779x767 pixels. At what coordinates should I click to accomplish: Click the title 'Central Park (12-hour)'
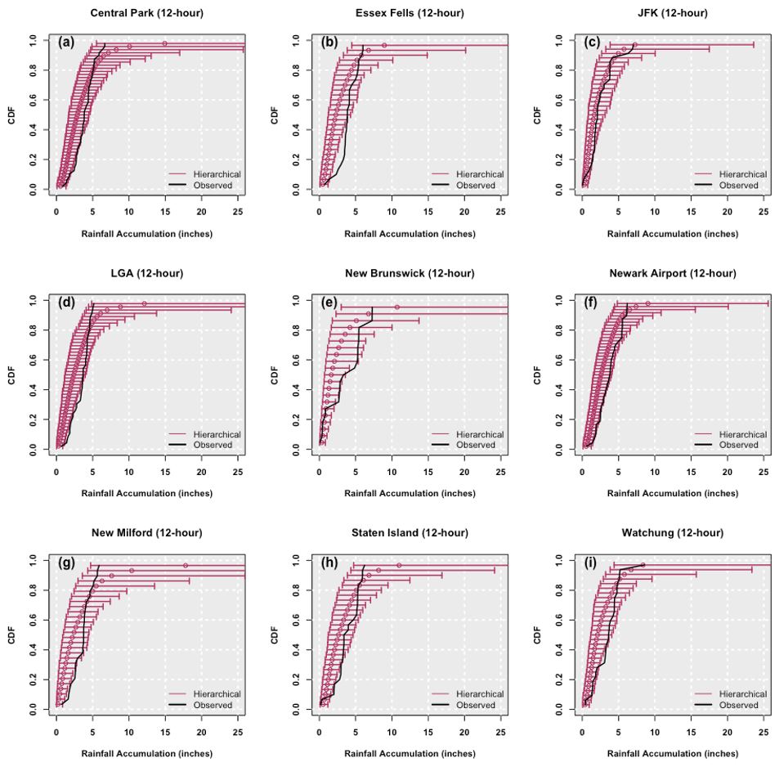pos(148,13)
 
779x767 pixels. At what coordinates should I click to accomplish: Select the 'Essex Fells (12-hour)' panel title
pos(411,13)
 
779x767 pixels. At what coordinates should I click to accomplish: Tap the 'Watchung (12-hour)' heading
pos(674,533)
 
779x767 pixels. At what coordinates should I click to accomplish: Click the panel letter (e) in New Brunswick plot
pos(329,303)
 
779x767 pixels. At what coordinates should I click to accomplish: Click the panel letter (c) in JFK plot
pos(592,43)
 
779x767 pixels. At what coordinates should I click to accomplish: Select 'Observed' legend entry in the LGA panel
pos(213,445)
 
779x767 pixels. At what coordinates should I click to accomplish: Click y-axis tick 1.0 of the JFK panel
pos(558,39)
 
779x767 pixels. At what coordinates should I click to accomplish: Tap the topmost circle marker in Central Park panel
pos(164,43)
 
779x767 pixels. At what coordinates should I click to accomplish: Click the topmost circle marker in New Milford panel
pos(186,566)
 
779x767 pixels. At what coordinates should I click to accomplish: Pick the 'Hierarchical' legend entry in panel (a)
pos(217,174)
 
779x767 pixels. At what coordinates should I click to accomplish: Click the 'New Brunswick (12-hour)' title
pos(411,273)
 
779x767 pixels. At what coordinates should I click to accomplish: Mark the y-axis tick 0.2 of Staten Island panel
pos(296,679)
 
